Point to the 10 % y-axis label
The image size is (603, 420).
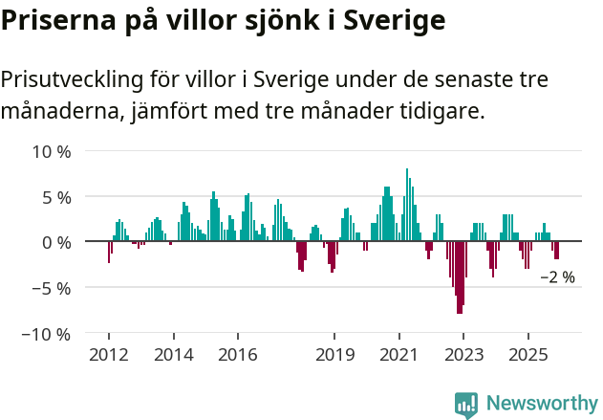point(52,151)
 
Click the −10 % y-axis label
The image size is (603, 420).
point(47,334)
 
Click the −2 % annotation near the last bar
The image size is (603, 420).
point(558,277)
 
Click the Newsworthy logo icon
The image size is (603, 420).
point(466,404)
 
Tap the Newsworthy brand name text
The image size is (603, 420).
point(542,404)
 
